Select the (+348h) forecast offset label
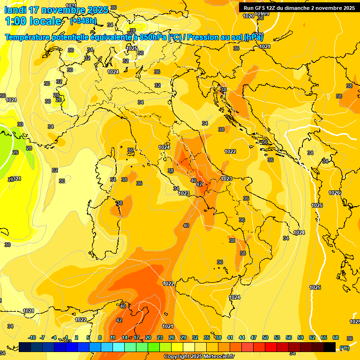click(x=83, y=21)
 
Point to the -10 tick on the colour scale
click(x=32, y=337)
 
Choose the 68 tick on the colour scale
click(x=336, y=337)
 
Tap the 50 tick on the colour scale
click(x=265, y=337)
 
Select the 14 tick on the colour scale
click(x=125, y=337)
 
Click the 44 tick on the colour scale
click(x=242, y=337)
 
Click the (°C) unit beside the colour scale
click(x=345, y=348)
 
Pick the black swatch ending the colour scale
click(x=330, y=347)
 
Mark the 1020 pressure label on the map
click(x=248, y=16)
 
